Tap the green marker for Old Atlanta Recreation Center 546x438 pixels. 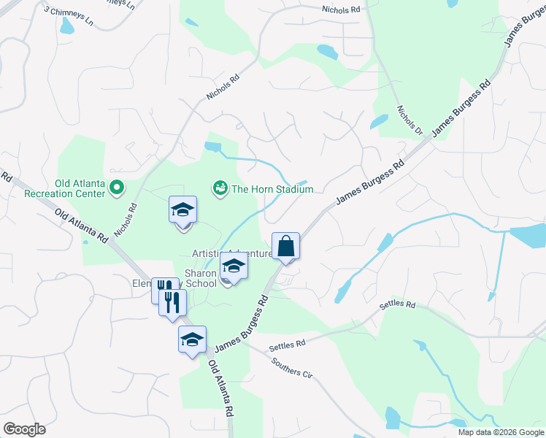(116, 189)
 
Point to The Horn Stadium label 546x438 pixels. (272, 189)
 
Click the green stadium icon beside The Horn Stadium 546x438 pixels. (219, 189)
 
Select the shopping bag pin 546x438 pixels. (286, 246)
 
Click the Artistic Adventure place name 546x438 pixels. (231, 253)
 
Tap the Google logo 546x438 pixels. (24, 429)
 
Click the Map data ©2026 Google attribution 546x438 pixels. (501, 432)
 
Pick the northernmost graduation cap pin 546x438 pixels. (182, 211)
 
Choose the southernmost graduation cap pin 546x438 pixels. (193, 339)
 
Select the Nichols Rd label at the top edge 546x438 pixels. (341, 10)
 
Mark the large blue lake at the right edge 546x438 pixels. (528, 235)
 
